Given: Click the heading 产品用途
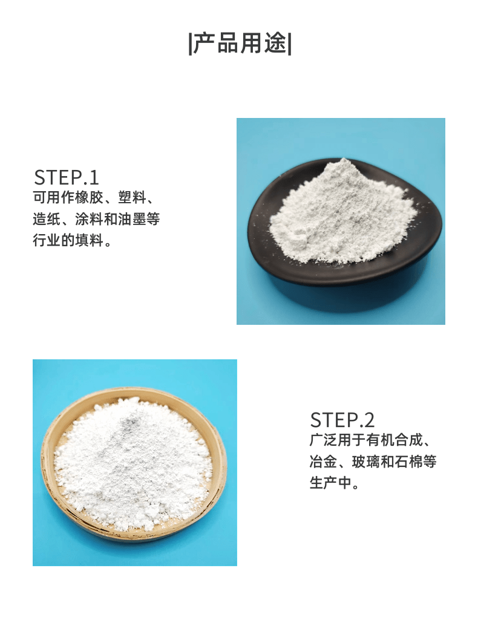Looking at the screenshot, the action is [240, 43].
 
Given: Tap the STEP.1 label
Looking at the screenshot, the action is [66, 177].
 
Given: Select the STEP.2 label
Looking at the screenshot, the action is [342, 420].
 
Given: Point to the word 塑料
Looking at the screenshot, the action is [133, 197].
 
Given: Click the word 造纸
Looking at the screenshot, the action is [47, 219].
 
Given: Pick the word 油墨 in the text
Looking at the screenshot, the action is [133, 219].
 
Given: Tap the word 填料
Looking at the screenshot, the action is [90, 240].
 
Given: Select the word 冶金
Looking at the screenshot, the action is [323, 461].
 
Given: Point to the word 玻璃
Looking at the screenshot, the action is [366, 461].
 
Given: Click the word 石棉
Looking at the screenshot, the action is [408, 461].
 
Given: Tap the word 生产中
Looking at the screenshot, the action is [330, 483].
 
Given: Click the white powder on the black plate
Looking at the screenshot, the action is [342, 212].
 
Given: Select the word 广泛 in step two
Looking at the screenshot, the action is [323, 440].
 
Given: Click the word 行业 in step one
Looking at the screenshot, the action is [47, 240].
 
